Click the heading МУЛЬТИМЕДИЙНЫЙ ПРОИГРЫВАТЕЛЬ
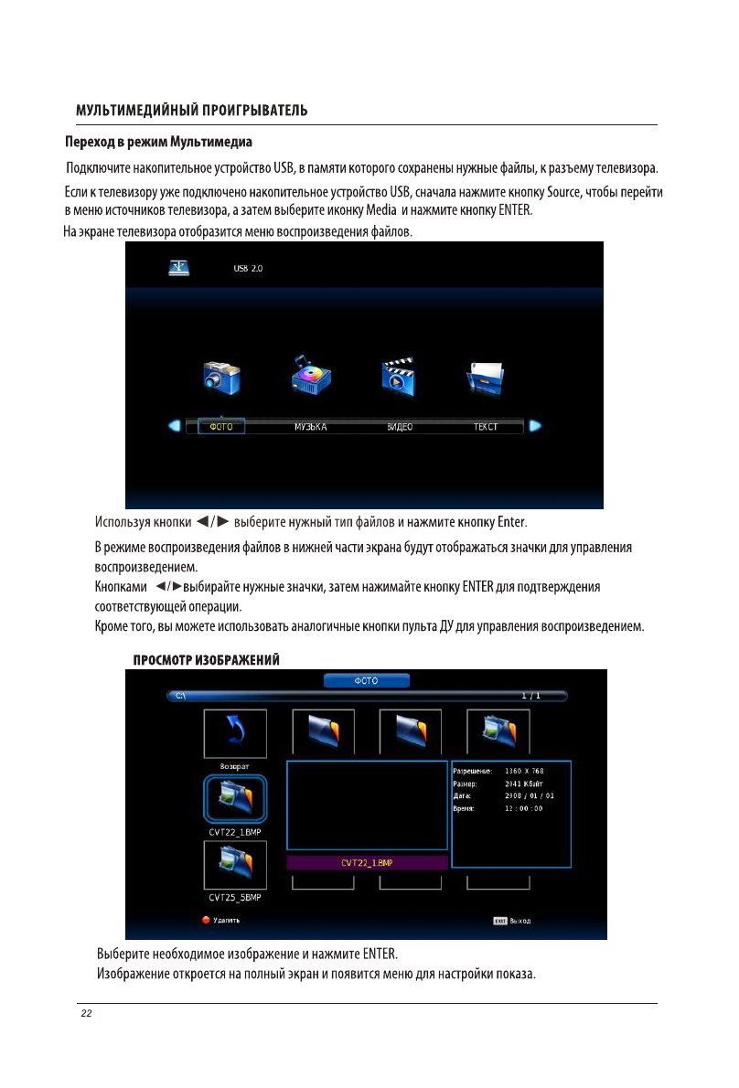click(191, 111)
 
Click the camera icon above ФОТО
click(221, 376)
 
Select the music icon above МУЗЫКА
click(310, 376)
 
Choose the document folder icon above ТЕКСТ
click(486, 376)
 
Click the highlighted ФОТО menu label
click(221, 427)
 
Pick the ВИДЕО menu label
click(399, 427)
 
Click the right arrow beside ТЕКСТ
click(536, 426)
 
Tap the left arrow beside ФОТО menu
click(174, 426)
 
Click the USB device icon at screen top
click(179, 268)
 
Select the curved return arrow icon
click(235, 731)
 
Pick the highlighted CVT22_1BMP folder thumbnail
click(235, 798)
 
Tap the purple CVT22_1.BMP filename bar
click(367, 862)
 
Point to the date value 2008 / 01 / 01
click(530, 795)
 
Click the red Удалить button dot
click(207, 921)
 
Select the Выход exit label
click(520, 921)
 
